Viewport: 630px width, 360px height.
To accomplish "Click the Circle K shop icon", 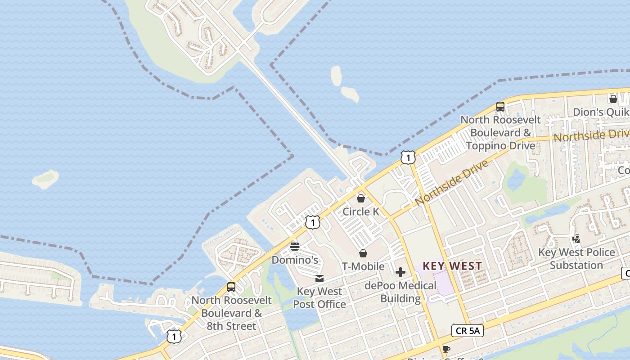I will (361, 198).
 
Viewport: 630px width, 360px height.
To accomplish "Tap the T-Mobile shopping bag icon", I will (363, 254).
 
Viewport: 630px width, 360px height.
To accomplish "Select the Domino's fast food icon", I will (295, 247).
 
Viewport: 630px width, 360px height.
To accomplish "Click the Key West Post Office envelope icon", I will (319, 279).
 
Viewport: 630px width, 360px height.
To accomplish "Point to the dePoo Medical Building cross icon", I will (400, 272).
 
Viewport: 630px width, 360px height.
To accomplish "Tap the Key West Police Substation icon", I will (576, 239).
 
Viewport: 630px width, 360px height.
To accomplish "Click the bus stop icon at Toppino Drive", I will (500, 107).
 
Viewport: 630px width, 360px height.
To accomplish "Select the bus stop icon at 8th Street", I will (231, 287).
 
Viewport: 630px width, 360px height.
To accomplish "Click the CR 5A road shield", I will (468, 331).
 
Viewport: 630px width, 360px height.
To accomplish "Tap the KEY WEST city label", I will (452, 266).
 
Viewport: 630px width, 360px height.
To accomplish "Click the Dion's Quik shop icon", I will (613, 99).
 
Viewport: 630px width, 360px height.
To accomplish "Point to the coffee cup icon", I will (446, 349).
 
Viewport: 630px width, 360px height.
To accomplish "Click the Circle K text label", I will (361, 211).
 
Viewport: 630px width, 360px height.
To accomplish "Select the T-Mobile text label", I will (363, 266).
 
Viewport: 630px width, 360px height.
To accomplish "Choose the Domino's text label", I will (295, 260).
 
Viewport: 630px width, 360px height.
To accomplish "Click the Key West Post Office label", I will (319, 298).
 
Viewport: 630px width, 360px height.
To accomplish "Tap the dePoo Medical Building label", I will (400, 292).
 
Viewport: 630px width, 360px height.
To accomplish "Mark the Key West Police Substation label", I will (576, 259).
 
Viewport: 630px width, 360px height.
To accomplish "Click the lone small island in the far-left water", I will (45, 179).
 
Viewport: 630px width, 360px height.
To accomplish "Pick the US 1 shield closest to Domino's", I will (313, 222).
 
